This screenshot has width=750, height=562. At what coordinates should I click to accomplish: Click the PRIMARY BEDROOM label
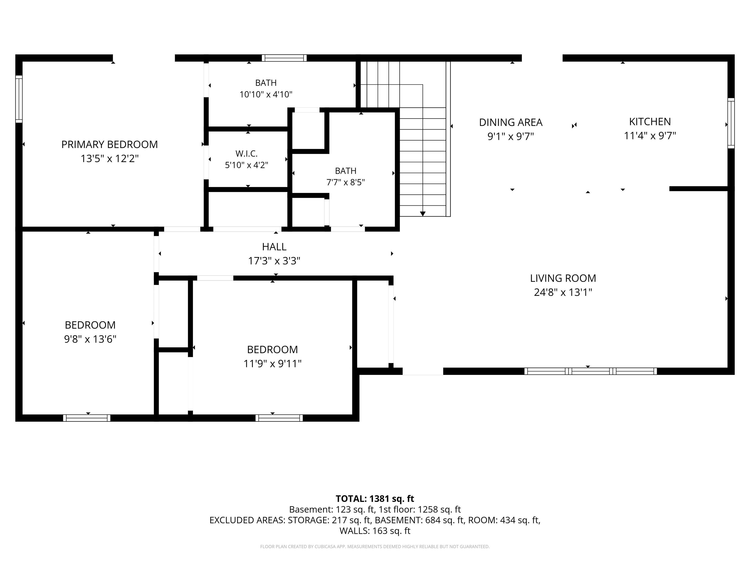110,145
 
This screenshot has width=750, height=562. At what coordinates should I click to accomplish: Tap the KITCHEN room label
650,122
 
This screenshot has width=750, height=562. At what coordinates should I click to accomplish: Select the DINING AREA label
511,122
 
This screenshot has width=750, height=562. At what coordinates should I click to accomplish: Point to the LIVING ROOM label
563,278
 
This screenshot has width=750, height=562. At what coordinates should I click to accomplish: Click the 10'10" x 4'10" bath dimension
266,94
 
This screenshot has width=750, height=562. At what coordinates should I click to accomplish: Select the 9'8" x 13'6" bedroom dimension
90,339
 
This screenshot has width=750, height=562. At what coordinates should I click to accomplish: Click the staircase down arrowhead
422,214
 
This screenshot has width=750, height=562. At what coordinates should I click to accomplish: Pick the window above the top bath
284,58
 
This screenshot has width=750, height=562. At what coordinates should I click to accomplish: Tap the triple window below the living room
591,371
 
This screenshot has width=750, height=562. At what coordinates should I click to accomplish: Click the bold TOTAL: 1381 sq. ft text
375,499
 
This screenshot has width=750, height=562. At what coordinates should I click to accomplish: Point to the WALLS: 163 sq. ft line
375,531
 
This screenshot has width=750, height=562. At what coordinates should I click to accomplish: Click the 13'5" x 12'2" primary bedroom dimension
110,159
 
